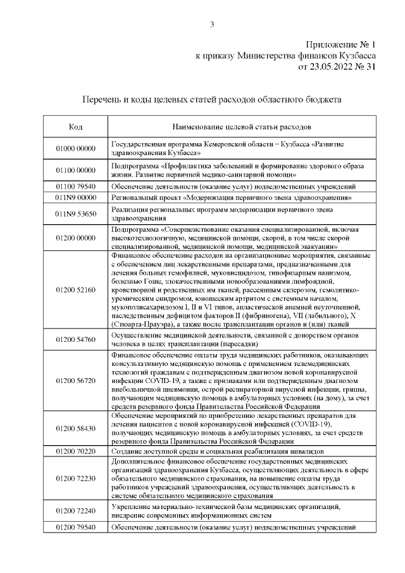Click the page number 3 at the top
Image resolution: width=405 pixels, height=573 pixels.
[213, 25]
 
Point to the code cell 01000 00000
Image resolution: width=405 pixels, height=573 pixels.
[75, 148]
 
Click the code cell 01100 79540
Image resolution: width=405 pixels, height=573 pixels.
[75, 187]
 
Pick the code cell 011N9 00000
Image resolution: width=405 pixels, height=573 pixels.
[75, 198]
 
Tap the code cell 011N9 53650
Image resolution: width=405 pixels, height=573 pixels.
[75, 214]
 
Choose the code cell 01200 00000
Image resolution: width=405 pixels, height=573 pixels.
[75, 237]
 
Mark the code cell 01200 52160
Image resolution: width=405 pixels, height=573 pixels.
[75, 289]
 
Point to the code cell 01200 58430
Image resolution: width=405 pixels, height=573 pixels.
[75, 429]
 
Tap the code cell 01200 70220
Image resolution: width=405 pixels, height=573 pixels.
[75, 451]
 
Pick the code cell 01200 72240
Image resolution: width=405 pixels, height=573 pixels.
[75, 510]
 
